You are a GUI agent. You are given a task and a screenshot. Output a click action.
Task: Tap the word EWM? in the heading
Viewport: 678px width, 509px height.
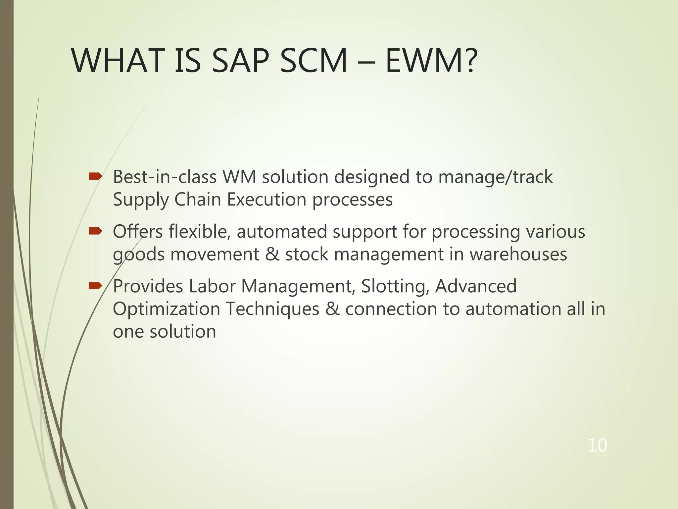(431, 61)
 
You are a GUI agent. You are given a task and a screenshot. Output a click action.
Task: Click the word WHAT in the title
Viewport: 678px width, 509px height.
(118, 61)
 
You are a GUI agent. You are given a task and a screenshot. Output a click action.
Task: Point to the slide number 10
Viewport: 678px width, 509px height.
(597, 445)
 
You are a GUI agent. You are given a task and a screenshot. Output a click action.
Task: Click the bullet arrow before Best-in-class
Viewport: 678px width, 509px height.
(95, 177)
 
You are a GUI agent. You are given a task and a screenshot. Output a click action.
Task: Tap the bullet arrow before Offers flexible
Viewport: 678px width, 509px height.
(95, 232)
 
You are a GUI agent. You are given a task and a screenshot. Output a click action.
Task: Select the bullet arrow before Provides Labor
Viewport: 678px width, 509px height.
(95, 286)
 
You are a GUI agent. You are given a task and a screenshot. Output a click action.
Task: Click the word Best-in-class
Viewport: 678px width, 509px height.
(165, 177)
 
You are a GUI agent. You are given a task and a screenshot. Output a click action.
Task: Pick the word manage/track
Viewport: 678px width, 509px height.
(495, 177)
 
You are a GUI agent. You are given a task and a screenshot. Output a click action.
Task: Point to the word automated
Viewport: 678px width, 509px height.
(282, 232)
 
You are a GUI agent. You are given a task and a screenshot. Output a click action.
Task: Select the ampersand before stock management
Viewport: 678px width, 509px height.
(272, 254)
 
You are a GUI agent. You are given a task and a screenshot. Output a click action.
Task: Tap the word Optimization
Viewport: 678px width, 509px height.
(167, 309)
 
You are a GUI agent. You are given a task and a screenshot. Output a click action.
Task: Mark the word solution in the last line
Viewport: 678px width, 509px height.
(183, 331)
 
